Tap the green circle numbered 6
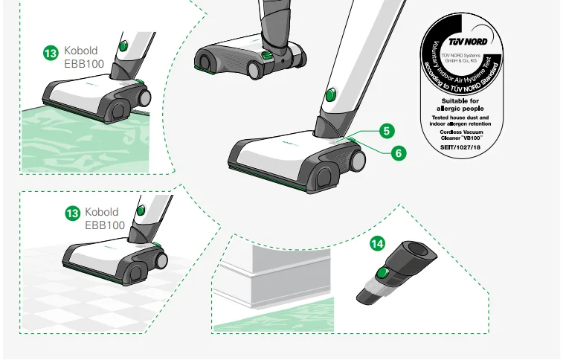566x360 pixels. [399, 152]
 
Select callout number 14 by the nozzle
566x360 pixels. [378, 243]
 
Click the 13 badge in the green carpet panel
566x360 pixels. [51, 53]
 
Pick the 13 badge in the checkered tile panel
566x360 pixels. [72, 213]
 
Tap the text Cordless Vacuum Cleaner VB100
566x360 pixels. [463, 135]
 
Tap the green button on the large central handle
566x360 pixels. [331, 94]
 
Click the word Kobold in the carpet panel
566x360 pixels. [81, 51]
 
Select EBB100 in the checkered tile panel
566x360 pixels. [105, 225]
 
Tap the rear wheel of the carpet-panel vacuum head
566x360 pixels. [144, 97]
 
